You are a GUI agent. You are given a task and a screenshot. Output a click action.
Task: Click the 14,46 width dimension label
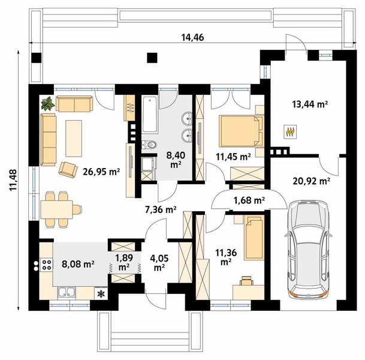(x=192, y=37)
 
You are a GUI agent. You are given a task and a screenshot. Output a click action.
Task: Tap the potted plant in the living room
(x=48, y=103)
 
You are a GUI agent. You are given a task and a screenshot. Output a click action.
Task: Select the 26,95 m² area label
(x=101, y=172)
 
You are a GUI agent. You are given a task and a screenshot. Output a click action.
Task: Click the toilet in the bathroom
(x=149, y=145)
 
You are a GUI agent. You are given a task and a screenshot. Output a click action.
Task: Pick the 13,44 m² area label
(x=310, y=104)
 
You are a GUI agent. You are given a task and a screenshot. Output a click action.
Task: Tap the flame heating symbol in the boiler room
(x=290, y=131)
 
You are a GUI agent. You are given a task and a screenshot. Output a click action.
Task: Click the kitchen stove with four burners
(x=47, y=265)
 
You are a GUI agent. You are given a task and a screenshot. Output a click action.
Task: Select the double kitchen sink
(x=67, y=292)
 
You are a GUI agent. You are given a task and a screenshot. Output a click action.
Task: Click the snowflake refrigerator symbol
(x=101, y=293)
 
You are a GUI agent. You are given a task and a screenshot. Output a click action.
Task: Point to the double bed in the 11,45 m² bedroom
(x=241, y=131)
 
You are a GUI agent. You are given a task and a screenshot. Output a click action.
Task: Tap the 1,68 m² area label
(x=249, y=200)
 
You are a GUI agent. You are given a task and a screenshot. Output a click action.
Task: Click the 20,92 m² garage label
(x=311, y=181)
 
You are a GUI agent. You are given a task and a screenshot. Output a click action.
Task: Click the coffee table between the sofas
(x=74, y=139)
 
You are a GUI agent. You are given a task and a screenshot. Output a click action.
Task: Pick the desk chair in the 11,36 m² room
(x=247, y=281)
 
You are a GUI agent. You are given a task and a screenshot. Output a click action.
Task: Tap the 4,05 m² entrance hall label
(x=159, y=262)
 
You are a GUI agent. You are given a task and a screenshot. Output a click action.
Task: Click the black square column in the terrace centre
(x=152, y=58)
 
